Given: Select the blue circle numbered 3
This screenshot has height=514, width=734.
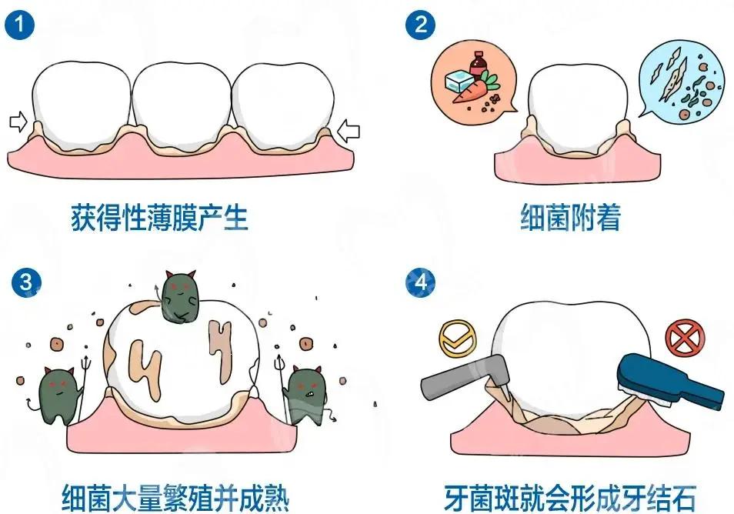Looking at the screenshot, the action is [x=26, y=282].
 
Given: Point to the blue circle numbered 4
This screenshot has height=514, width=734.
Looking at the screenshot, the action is [x=420, y=282].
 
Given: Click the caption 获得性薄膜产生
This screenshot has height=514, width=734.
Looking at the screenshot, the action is [x=159, y=217].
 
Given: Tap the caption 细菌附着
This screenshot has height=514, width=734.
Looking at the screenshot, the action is [x=571, y=217].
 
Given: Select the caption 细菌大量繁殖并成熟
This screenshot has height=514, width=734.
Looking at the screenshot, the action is [x=175, y=498].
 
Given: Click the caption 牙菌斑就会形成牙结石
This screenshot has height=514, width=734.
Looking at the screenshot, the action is [x=569, y=498].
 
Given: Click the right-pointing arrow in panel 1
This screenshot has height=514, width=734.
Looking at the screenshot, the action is [x=18, y=122].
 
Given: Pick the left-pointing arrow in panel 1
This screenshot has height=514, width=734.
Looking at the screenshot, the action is [x=349, y=131].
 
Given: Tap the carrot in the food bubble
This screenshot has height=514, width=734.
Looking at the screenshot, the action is [x=474, y=89].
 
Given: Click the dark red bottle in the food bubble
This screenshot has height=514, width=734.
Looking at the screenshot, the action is [x=477, y=65].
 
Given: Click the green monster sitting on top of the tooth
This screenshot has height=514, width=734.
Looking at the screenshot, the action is [x=180, y=297].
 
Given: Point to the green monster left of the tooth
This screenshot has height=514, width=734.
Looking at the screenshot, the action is [x=59, y=395].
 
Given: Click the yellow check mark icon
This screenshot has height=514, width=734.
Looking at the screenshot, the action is [x=457, y=339].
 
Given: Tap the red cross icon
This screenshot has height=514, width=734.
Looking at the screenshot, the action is [x=685, y=337].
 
